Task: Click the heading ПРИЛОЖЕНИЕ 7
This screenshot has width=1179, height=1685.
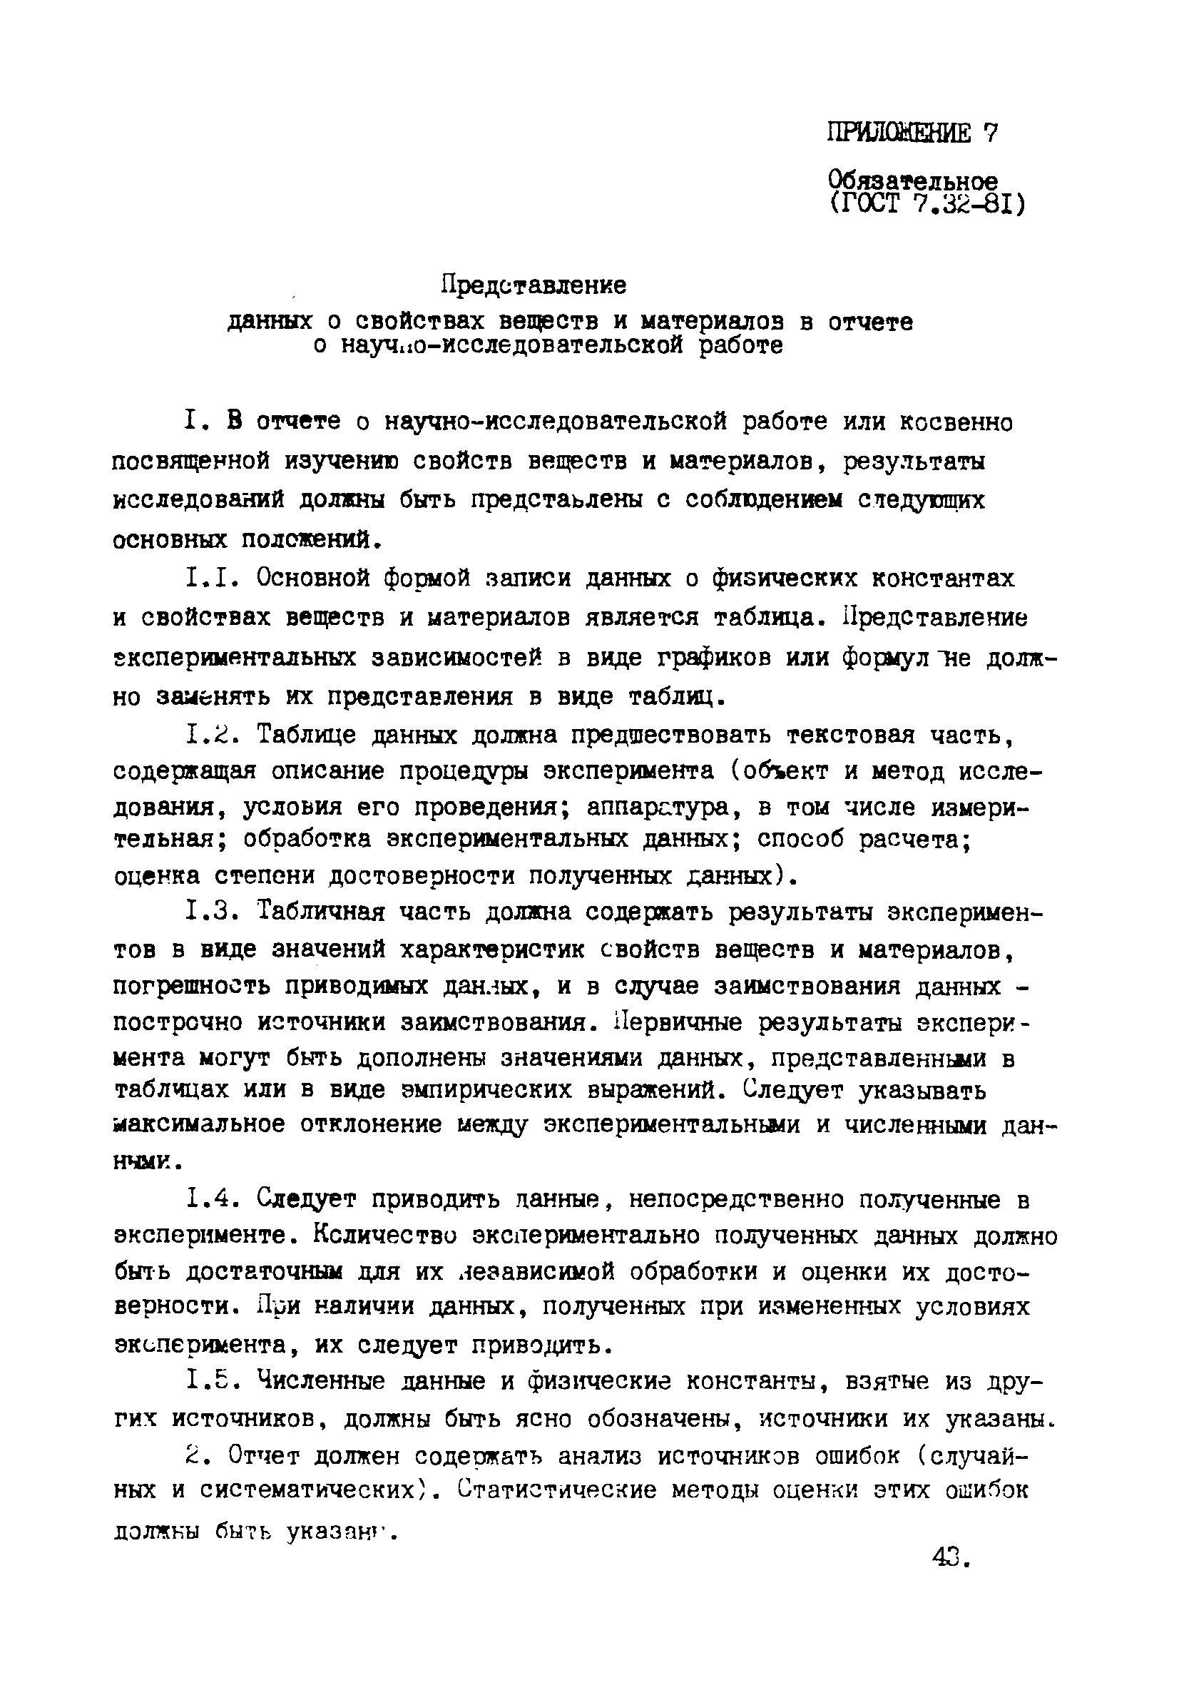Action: click(913, 133)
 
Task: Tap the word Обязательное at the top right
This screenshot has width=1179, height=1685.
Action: click(913, 180)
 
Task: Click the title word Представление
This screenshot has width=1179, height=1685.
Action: click(534, 285)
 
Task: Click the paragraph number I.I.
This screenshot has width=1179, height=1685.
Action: click(213, 579)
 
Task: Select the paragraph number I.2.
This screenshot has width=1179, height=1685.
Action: click(213, 734)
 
